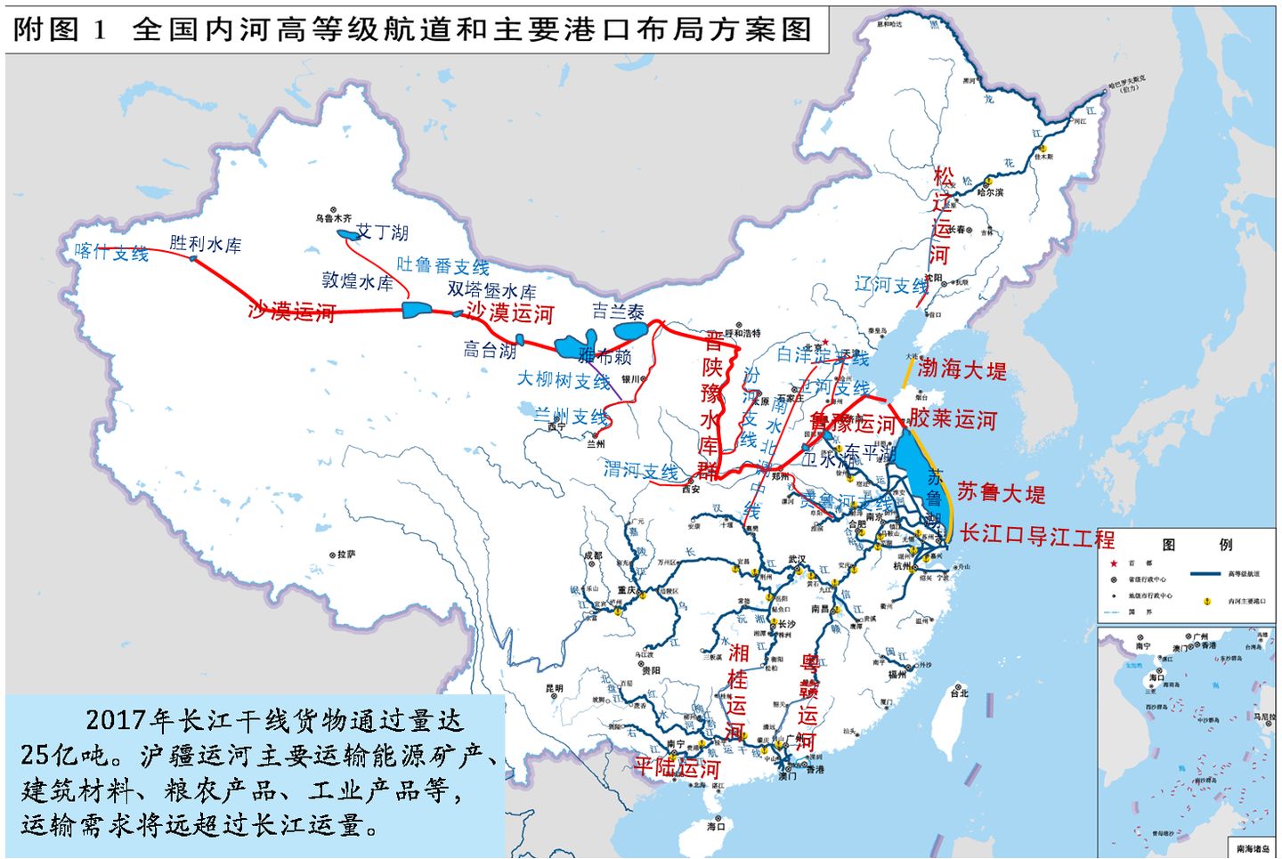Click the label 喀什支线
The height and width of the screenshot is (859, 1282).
point(111,253)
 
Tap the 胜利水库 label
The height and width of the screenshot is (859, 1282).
point(206,244)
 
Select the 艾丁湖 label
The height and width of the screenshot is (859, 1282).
point(383,232)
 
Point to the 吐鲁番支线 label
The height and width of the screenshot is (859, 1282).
point(442,265)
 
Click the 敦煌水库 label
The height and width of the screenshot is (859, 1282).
point(357,281)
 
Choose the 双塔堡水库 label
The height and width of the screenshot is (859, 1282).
point(491,290)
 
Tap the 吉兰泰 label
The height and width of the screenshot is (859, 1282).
point(618,312)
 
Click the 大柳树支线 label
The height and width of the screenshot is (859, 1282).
point(564,380)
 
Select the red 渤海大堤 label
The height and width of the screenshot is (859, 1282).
point(961,369)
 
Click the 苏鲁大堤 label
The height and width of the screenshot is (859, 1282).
point(1001,492)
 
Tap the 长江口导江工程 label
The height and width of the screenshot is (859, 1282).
point(1036,536)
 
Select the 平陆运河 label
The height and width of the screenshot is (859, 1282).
point(677,767)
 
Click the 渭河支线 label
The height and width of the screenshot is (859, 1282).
point(641,470)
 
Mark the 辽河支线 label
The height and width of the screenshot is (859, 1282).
point(891,285)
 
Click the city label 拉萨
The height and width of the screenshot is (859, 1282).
point(346,554)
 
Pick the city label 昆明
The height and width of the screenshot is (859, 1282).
point(554,688)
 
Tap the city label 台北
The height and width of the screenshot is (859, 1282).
point(960,693)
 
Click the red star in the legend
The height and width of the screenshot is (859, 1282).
point(1113,563)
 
